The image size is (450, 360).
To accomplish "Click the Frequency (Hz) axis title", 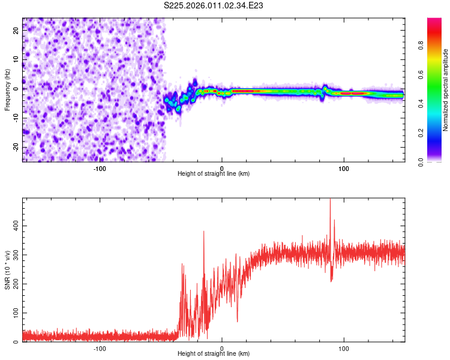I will point(7,90).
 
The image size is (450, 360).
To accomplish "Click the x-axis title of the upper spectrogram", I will point(214,173).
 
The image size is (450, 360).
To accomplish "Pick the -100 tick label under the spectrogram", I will point(100,167).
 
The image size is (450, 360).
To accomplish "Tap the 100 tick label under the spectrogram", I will point(344,167).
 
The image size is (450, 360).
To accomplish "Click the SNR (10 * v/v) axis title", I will point(7,270).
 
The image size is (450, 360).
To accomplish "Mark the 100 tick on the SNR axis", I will point(15,313).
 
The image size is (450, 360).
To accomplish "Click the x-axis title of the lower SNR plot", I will point(214,353).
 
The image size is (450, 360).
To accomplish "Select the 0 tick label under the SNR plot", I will point(222,348).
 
